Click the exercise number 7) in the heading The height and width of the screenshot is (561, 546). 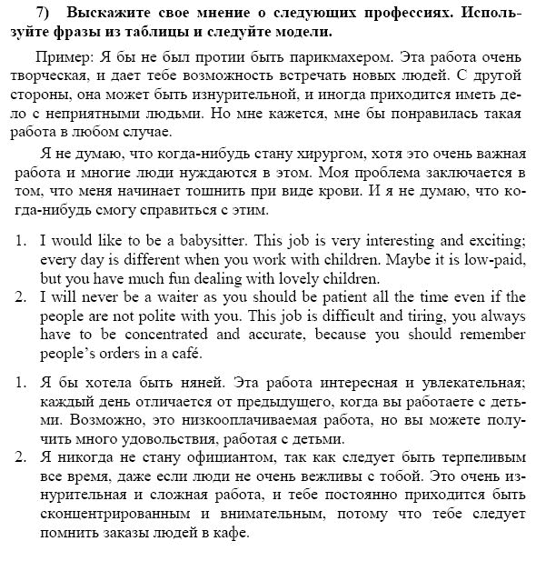[x=26, y=15]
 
